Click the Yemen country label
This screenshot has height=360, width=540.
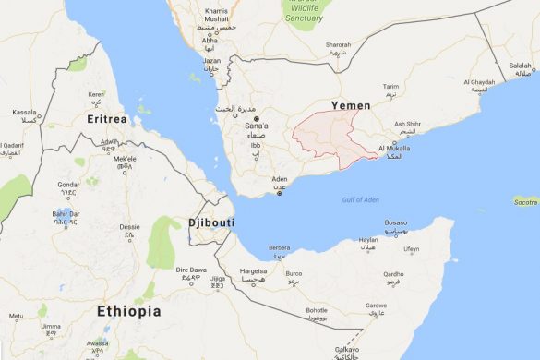pos(352,106)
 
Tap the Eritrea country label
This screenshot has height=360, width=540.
pos(104,121)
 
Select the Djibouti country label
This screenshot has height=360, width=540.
pos(211,223)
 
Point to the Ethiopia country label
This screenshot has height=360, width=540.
pos(128,311)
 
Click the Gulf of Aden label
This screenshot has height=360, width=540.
pos(360,200)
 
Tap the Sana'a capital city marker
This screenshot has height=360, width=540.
pos(257,120)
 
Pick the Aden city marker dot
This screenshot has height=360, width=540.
pos(279,194)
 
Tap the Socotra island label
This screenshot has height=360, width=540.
pos(524,201)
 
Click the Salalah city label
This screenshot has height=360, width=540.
pos(521,66)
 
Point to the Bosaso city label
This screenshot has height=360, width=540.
pos(395,222)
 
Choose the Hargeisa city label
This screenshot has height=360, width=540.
pos(254,271)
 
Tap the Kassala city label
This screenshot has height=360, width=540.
pos(24,113)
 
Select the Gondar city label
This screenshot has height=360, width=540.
pos(69,184)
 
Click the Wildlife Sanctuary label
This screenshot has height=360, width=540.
pos(304,13)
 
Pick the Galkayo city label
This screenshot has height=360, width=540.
pos(347,350)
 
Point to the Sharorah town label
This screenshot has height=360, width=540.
pos(338,43)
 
